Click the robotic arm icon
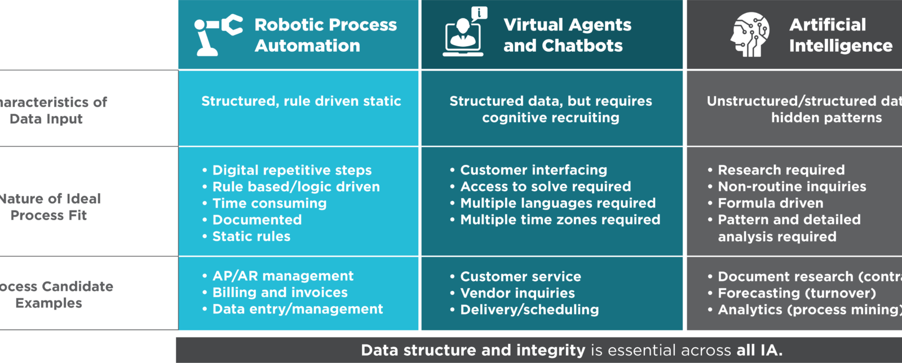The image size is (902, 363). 218,35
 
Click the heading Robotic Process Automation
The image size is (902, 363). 325,35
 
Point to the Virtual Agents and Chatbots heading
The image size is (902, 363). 567,35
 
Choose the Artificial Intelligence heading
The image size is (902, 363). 840,35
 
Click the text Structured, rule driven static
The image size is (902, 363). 301,101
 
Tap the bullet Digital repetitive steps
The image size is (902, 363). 291,170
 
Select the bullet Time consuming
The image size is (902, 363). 269,203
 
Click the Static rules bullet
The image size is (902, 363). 251,236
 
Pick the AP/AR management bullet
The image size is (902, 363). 282,276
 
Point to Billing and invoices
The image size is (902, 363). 280,293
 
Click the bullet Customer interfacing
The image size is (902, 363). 533,170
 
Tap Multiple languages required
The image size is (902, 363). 558,203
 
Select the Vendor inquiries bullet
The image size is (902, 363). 517,293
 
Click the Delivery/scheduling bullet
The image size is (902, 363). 529,310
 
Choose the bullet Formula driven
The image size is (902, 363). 770,203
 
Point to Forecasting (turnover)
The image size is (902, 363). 797,293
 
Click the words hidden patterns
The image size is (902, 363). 826,118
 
